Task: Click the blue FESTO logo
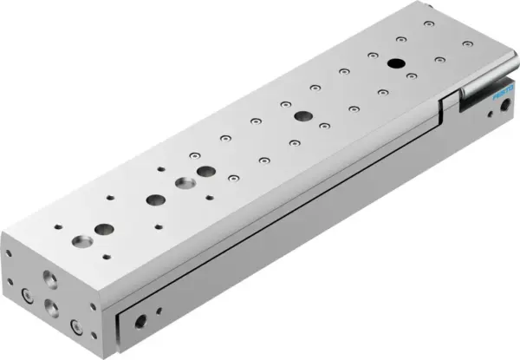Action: [502, 98]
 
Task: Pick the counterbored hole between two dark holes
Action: [185, 184]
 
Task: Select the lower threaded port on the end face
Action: [52, 305]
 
